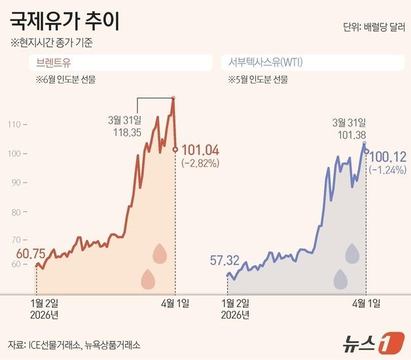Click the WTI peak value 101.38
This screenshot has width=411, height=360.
point(349,135)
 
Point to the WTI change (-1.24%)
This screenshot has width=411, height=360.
point(388,170)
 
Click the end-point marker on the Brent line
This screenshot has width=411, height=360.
point(175,149)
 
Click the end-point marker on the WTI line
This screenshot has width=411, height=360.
point(366,152)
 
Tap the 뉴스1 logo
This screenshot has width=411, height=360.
point(370,342)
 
